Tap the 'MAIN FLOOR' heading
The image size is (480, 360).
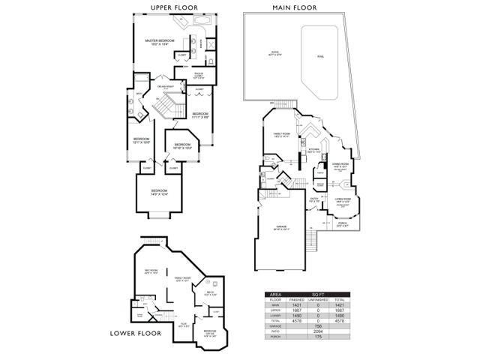click(x=289, y=8)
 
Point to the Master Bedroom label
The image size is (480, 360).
click(x=160, y=42)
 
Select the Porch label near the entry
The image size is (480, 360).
click(x=342, y=223)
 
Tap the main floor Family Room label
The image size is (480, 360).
click(x=281, y=135)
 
